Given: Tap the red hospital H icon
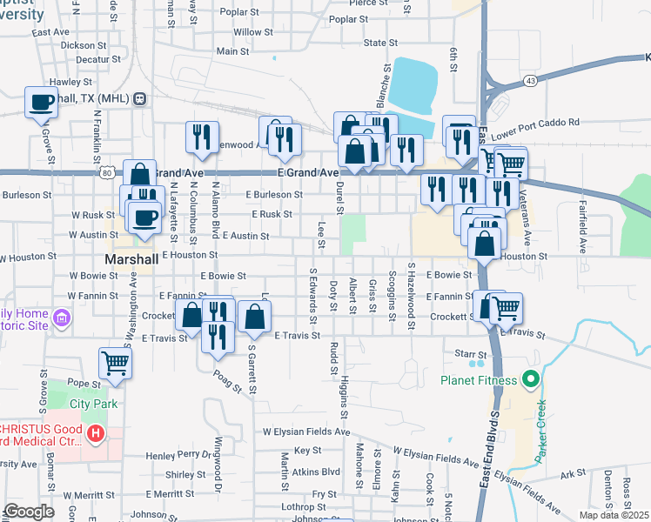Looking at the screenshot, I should coord(96,432).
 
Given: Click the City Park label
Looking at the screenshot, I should coord(93,404).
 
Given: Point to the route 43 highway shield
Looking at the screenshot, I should coord(530,80).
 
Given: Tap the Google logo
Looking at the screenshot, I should coord(28,512).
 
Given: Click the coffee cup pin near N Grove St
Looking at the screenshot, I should coord(42,104).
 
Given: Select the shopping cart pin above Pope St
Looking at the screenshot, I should coord(115,364).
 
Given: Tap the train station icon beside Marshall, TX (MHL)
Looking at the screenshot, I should coord(139,99).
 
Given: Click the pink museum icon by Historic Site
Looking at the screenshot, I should coord(61,318).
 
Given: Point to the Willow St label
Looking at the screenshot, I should coord(252,32).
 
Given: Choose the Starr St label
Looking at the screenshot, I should coord(470,354).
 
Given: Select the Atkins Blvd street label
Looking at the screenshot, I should coord(316,472).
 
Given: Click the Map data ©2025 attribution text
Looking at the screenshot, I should coord(614,514).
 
